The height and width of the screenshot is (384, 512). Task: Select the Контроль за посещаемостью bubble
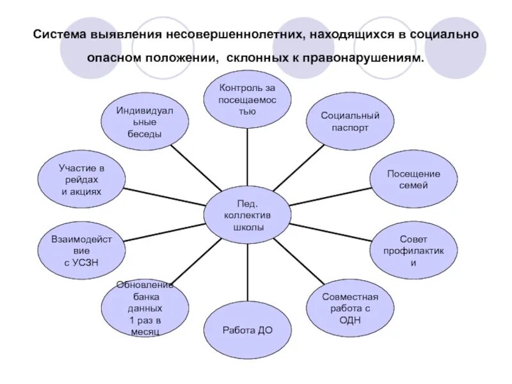click(x=247, y=100)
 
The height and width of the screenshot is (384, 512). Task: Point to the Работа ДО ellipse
click(x=247, y=330)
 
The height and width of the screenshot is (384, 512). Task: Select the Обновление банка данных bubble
click(x=145, y=307)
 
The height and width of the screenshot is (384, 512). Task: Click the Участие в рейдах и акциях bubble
click(x=82, y=180)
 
